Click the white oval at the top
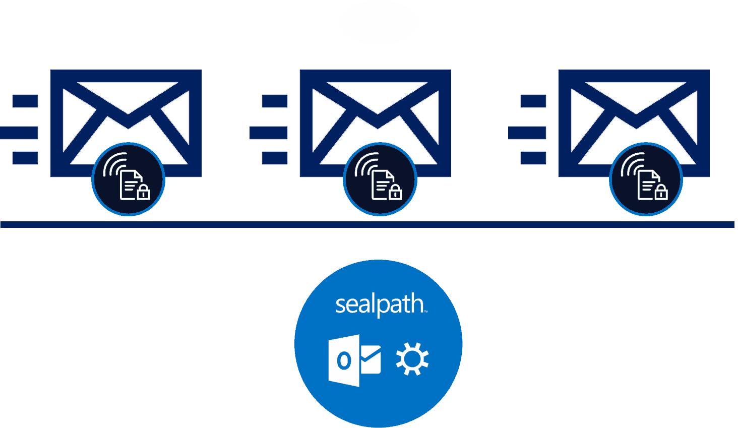(x=379, y=23)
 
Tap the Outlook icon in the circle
(x=354, y=360)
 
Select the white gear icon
(x=412, y=359)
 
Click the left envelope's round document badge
(x=128, y=179)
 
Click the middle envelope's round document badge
(x=380, y=179)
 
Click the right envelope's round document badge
(x=645, y=179)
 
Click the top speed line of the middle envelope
(x=275, y=101)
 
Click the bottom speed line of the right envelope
(x=533, y=158)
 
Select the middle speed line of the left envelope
(x=19, y=133)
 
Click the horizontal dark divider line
(x=367, y=224)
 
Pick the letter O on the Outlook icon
(x=344, y=361)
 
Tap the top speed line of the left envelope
(x=25, y=101)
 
